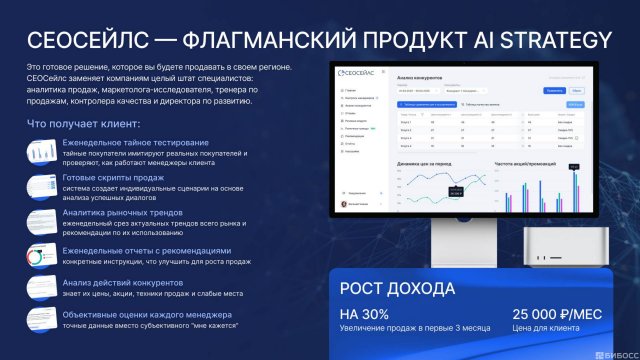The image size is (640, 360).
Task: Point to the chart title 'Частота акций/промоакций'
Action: click(526, 163)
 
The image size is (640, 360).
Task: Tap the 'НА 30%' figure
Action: click(367, 316)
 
